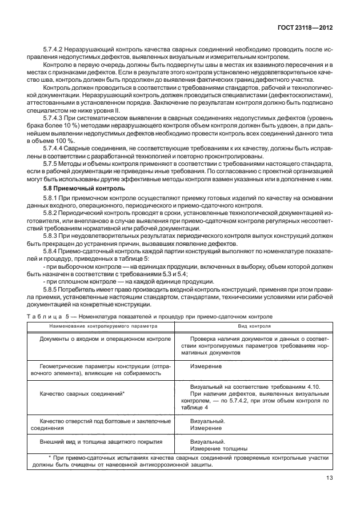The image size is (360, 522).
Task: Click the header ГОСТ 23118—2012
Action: pyautogui.click(x=305, y=27)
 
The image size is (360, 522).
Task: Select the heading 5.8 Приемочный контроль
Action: pyautogui.click(x=79, y=188)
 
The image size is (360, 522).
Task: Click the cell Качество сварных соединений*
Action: pyautogui.click(x=82, y=395)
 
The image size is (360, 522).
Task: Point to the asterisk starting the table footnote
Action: pyautogui.click(x=50, y=458)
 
